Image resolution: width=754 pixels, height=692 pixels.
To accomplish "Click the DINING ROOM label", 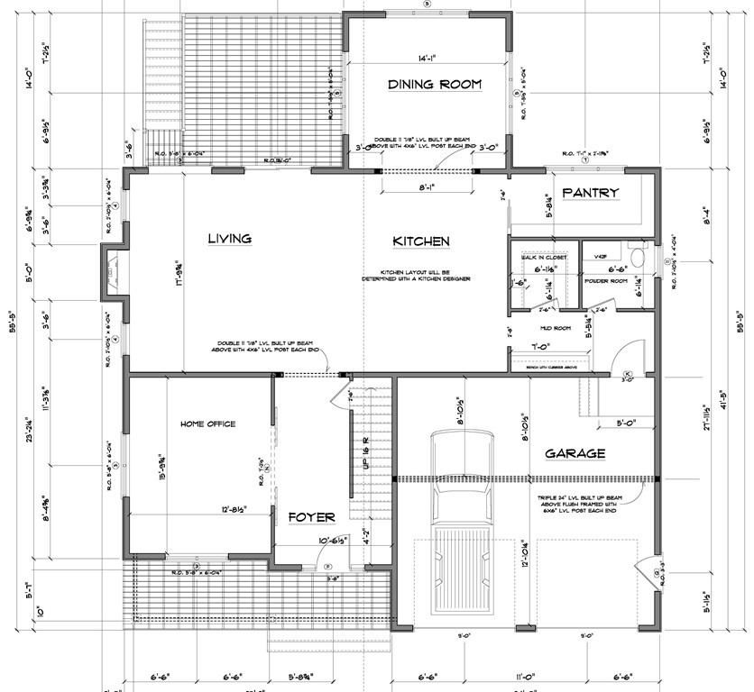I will coord(435,85).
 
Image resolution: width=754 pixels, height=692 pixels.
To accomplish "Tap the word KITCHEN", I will coord(421,241).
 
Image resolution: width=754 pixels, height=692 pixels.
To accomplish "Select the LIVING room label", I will coord(229,239).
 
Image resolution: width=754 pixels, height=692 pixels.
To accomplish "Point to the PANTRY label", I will coord(591,193).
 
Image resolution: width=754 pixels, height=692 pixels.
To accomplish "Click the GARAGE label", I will coord(575,453).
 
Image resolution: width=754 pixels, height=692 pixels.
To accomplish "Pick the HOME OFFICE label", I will coord(207,424).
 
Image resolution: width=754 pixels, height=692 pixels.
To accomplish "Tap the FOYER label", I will coord(311,517).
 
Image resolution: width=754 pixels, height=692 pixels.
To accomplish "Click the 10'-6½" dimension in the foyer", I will coord(313,541).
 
